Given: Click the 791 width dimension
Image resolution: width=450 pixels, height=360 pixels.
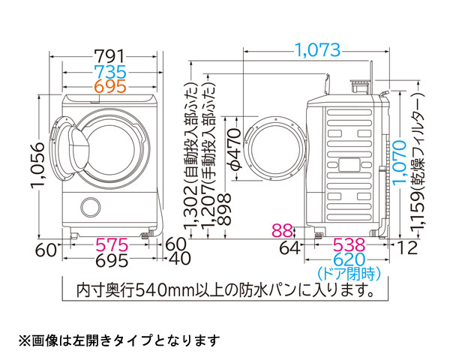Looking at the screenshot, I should pyautogui.click(x=109, y=57).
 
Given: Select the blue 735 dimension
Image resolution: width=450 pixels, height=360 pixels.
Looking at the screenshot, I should pyautogui.click(x=109, y=72).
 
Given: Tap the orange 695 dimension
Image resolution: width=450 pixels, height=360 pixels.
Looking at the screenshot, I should pyautogui.click(x=109, y=85).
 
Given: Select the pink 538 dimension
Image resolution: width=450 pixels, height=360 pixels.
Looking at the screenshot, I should pyautogui.click(x=349, y=245).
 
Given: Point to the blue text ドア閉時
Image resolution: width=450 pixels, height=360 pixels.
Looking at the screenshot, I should pyautogui.click(x=349, y=272).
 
